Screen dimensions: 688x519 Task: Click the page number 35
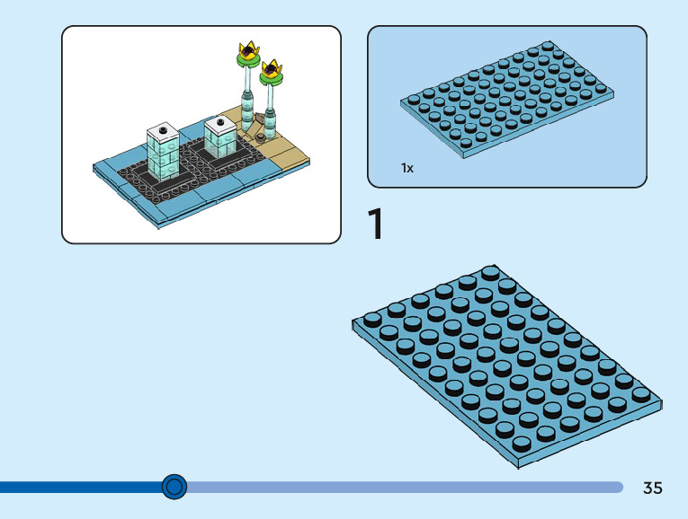(x=653, y=488)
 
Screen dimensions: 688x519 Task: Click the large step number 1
(x=376, y=224)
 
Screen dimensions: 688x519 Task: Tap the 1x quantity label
(x=407, y=168)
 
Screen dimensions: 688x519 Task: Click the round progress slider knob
(x=174, y=487)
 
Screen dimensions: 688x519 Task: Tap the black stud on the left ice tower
(x=164, y=131)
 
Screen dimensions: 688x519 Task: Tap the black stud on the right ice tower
(x=219, y=121)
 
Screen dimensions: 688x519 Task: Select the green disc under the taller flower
(x=245, y=60)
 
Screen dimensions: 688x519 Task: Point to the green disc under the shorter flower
(x=271, y=78)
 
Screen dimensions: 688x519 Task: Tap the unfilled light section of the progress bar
(x=405, y=487)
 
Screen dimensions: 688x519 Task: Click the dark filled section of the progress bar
(x=81, y=487)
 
